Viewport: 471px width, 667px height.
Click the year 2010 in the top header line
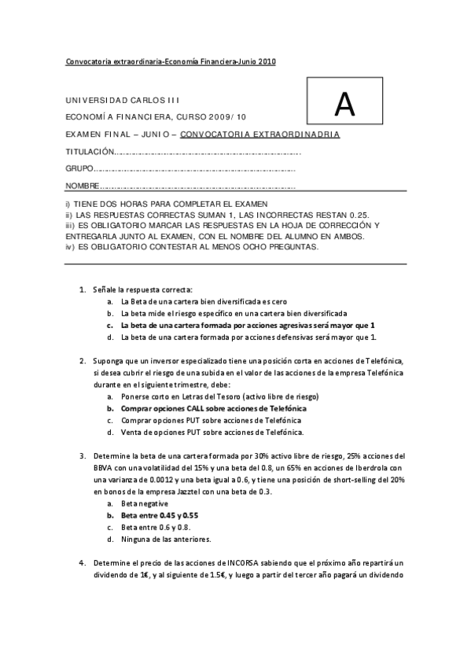[267, 61]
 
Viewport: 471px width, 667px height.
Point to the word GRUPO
[79, 168]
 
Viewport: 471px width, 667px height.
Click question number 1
[83, 290]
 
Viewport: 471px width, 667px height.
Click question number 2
[83, 361]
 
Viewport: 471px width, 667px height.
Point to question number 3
[83, 455]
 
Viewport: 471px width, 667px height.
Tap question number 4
[83, 562]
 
